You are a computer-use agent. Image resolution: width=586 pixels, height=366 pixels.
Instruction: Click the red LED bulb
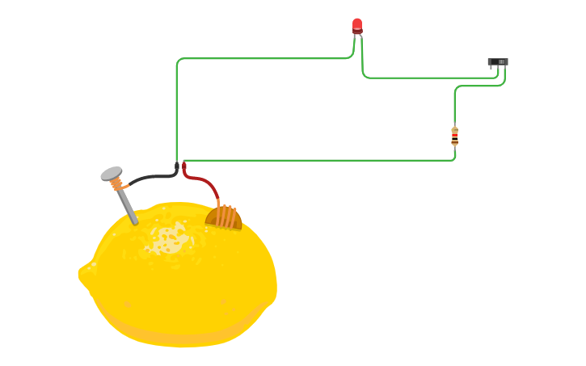tap(357, 25)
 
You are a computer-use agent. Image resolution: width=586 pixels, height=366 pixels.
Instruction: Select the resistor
tap(454, 136)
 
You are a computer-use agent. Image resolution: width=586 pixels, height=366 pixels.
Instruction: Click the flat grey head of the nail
tap(111, 173)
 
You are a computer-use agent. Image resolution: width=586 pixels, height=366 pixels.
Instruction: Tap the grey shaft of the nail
tap(128, 207)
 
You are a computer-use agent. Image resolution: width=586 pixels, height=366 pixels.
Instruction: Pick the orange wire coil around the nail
tap(118, 185)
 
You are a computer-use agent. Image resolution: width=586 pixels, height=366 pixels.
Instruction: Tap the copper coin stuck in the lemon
tap(224, 217)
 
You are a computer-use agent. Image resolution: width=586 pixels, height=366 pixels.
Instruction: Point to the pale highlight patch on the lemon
tap(170, 239)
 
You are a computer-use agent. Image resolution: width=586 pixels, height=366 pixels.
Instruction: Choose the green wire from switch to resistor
tap(477, 86)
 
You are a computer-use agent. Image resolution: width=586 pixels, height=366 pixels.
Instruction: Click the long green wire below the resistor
tap(323, 160)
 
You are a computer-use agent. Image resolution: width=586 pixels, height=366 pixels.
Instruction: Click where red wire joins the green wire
tap(184, 165)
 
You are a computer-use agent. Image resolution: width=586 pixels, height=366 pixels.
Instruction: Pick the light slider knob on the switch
tap(501, 61)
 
